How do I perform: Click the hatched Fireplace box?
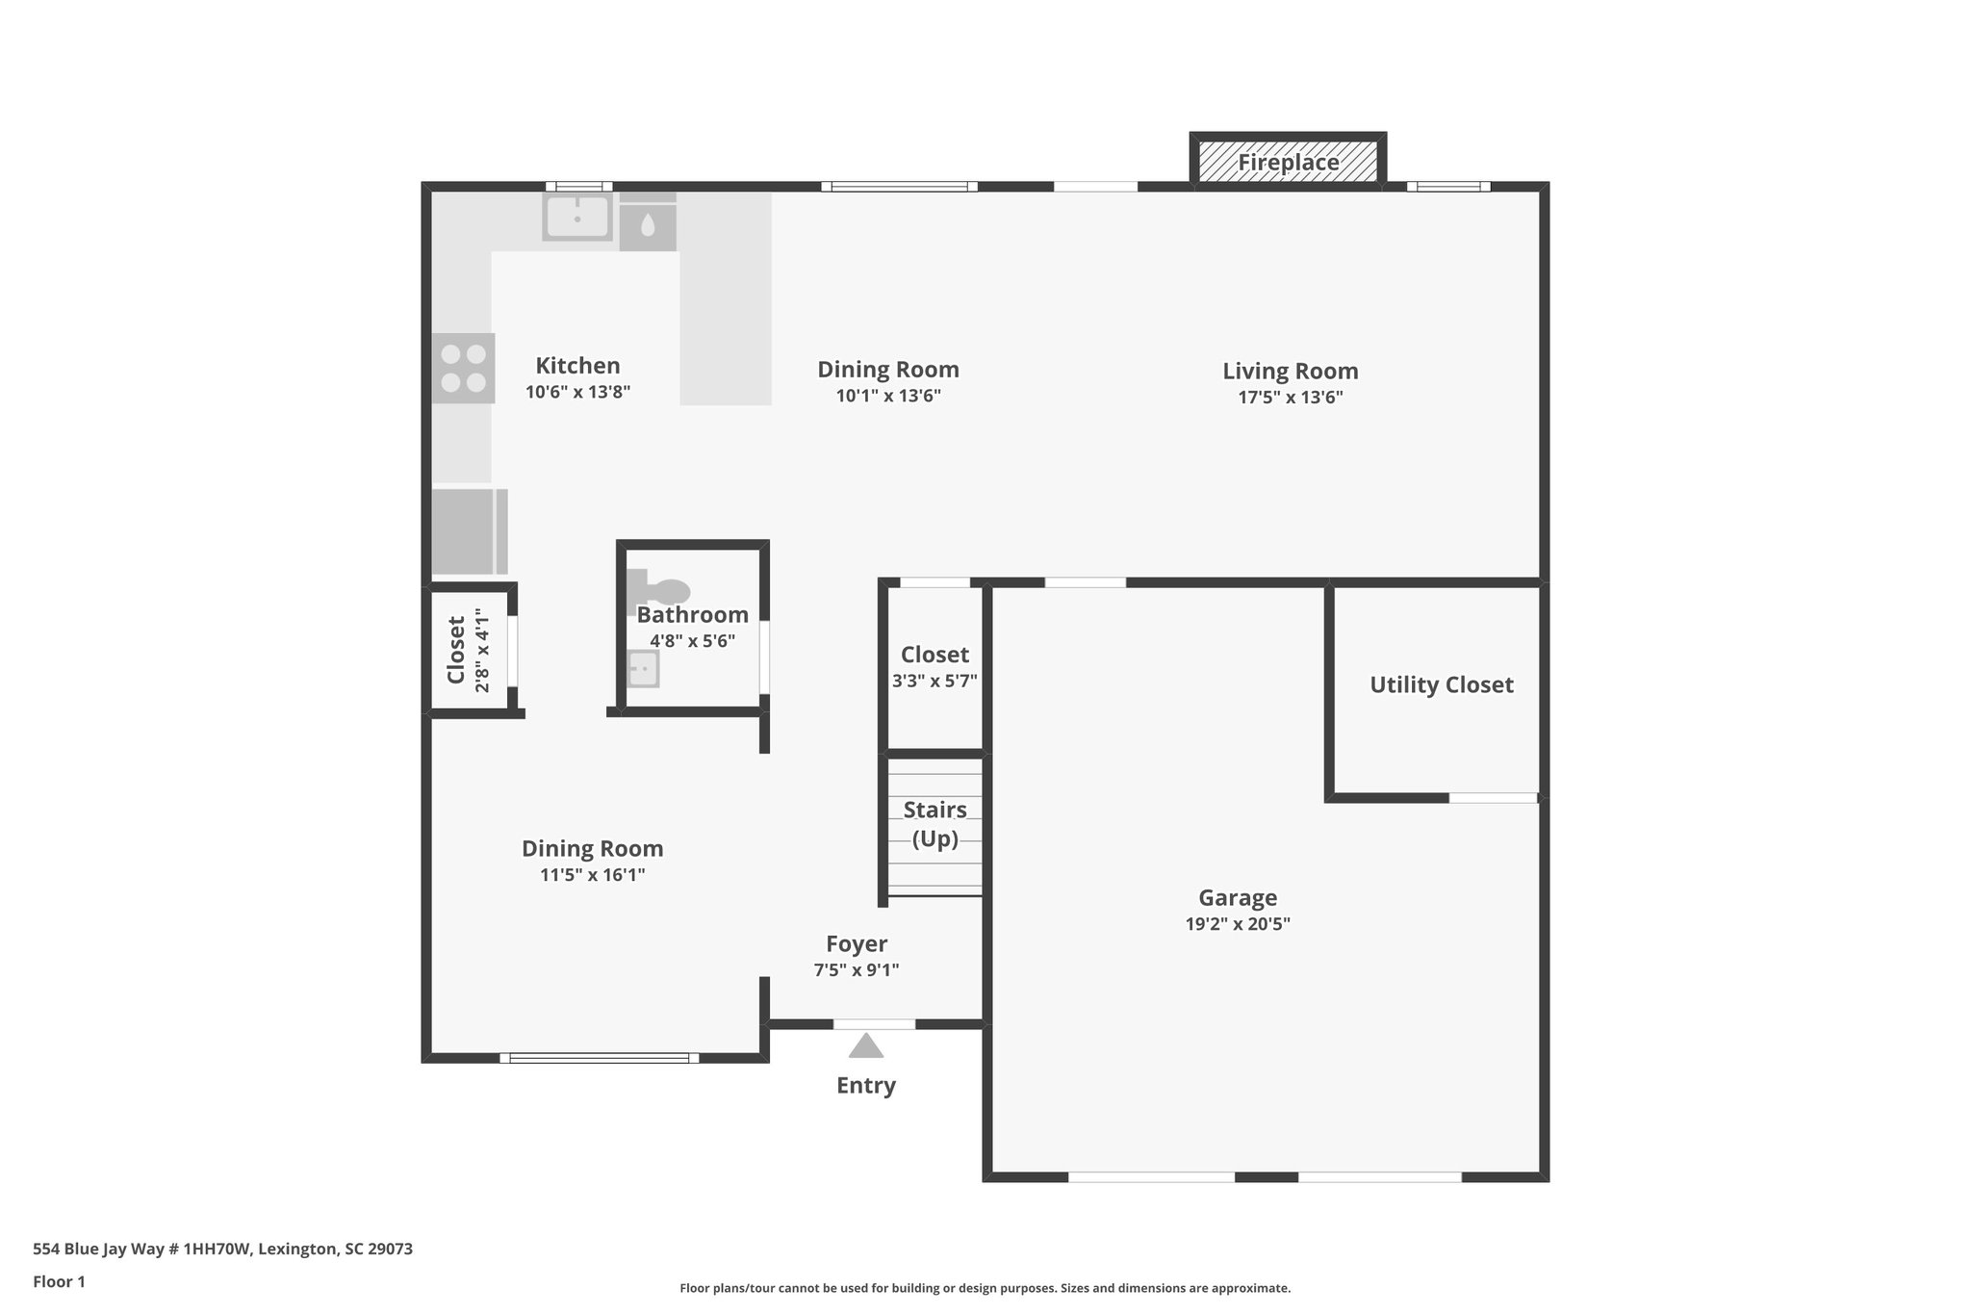pyautogui.click(x=1288, y=162)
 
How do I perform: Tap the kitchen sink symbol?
pyautogui.click(x=576, y=217)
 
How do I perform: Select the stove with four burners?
pyautogui.click(x=463, y=368)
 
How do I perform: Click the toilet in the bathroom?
pyautogui.click(x=662, y=588)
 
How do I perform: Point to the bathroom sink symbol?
pyautogui.click(x=643, y=668)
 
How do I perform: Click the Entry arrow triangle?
pyautogui.click(x=866, y=1046)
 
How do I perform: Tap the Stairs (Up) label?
pyautogui.click(x=934, y=824)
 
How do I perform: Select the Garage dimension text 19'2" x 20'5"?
pyautogui.click(x=1238, y=924)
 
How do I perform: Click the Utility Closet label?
pyautogui.click(x=1441, y=684)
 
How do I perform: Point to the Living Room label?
pyautogui.click(x=1290, y=371)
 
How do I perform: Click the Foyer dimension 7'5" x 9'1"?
pyautogui.click(x=856, y=970)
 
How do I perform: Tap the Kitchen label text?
pyautogui.click(x=577, y=366)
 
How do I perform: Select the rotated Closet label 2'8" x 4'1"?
pyautogui.click(x=470, y=650)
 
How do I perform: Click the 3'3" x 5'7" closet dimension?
pyautogui.click(x=934, y=681)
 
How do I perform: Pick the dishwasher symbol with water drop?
pyautogui.click(x=648, y=226)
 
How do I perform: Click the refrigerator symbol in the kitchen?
pyautogui.click(x=469, y=531)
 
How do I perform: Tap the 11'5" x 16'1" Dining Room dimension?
pyautogui.click(x=592, y=875)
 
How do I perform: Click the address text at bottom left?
pyautogui.click(x=222, y=1249)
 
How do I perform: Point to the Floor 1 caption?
pyautogui.click(x=59, y=1281)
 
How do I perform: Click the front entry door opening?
pyautogui.click(x=874, y=1024)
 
